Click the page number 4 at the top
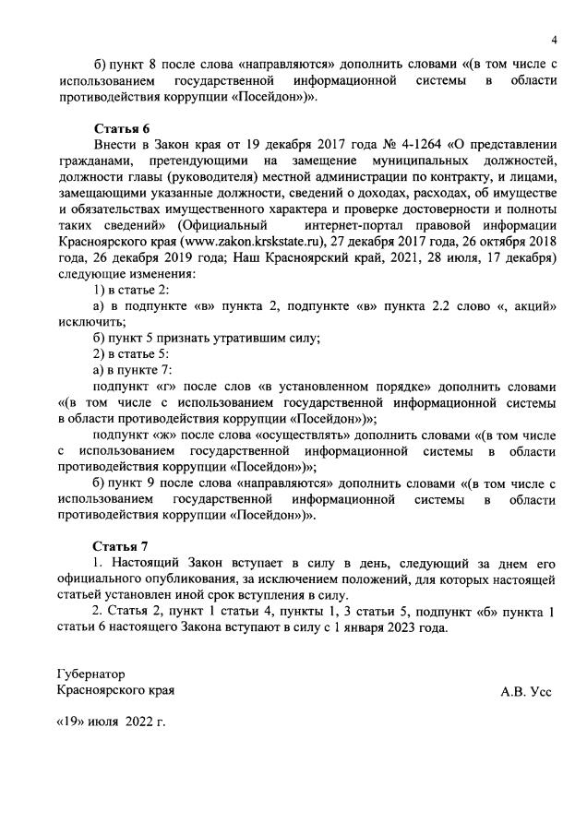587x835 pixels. pos(554,40)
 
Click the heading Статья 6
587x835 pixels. pos(121,127)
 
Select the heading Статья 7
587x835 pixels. pos(121,545)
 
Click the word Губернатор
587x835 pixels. pos(90,674)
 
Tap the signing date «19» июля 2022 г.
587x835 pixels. pos(112,722)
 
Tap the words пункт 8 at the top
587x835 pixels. pos(129,63)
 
